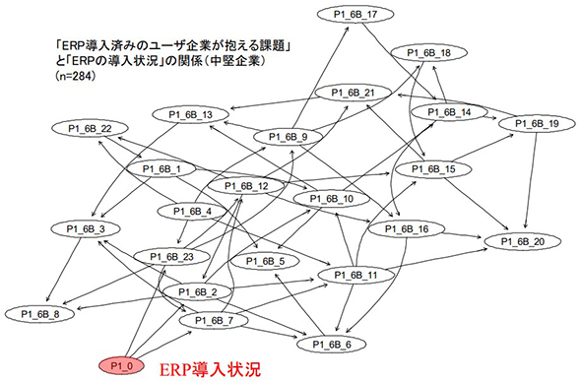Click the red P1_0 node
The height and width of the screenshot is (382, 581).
point(121,366)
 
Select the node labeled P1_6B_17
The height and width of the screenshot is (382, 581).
point(355,15)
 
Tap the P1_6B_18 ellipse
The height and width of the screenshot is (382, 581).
point(428,53)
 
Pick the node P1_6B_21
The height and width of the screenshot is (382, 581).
point(353,93)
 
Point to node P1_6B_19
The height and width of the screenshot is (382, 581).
point(537,124)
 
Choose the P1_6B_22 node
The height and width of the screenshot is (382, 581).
point(90,129)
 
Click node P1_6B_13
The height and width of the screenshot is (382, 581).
point(190,114)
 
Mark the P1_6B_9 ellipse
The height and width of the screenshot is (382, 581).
point(288,137)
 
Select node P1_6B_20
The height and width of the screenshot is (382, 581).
point(523,242)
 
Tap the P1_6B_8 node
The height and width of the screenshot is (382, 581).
point(40,314)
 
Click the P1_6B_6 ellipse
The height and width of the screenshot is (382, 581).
point(332,345)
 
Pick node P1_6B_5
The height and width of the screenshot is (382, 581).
point(265,262)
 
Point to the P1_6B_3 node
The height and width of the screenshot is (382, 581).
point(86,229)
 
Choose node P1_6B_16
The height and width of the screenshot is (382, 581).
point(407,229)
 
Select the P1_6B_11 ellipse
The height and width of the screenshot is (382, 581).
point(355,275)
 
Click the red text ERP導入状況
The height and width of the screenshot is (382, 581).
point(211,369)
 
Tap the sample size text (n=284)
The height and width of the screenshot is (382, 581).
point(76,76)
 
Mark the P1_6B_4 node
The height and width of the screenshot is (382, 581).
point(192,212)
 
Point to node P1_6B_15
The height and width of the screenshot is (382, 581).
point(433,169)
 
